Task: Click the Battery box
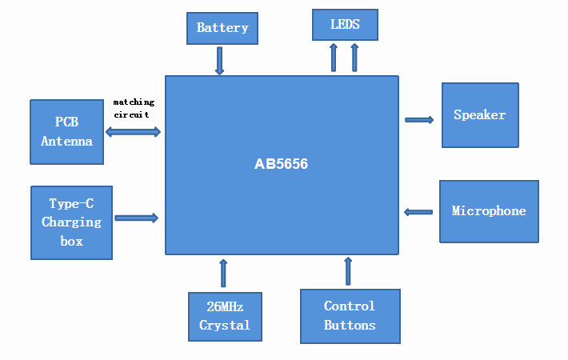[222, 28]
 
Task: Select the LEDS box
[345, 25]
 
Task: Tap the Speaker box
[480, 115]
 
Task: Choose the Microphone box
[489, 211]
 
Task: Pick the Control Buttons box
[350, 316]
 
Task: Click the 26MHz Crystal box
[225, 316]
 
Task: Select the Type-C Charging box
[71, 222]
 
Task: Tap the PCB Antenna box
[66, 132]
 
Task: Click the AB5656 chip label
[281, 165]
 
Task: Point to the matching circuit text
[134, 109]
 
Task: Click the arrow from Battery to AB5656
[219, 61]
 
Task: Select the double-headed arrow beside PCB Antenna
[134, 131]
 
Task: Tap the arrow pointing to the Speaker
[419, 120]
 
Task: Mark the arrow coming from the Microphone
[418, 212]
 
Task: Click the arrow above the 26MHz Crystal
[223, 273]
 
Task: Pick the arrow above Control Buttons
[348, 271]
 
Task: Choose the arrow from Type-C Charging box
[137, 218]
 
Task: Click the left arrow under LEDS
[334, 58]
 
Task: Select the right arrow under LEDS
[354, 58]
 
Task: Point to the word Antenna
[67, 142]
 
